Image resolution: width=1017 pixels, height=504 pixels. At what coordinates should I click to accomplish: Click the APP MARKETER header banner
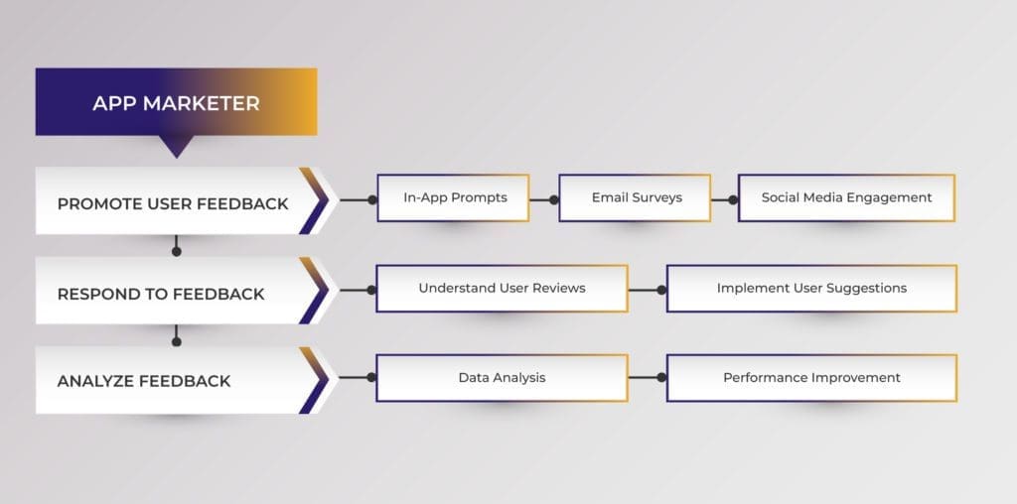[x=176, y=102]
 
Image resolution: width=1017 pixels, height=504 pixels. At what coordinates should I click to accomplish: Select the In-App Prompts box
[x=453, y=197]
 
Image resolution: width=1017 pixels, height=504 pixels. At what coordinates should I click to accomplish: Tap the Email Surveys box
[x=636, y=197]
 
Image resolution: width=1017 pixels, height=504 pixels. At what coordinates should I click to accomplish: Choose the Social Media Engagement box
[x=846, y=197]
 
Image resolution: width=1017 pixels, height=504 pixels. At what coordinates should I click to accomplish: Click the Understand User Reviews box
[x=502, y=289]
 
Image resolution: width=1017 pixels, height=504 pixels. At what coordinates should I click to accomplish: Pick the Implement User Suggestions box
[x=811, y=289]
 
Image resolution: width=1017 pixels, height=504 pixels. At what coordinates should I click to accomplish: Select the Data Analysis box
[x=502, y=378]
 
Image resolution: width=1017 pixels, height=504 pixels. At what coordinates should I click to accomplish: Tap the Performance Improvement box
[x=811, y=378]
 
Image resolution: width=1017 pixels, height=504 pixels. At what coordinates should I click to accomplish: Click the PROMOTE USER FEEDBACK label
[x=173, y=203]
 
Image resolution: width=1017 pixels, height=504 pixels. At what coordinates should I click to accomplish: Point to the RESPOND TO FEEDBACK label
[x=161, y=294]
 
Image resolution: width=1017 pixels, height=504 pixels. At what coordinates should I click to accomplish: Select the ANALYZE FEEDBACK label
[x=144, y=381]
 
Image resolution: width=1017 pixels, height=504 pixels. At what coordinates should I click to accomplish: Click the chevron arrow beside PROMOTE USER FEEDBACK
[x=316, y=200]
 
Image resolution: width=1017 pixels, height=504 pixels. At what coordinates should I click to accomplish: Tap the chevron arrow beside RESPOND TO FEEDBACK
[x=316, y=291]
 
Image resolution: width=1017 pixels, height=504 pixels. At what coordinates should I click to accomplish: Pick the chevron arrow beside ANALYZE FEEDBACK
[x=316, y=380]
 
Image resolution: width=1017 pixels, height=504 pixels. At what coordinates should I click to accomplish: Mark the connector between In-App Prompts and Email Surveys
[x=543, y=199]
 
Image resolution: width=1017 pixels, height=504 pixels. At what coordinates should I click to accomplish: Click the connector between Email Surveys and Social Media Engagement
[x=724, y=199]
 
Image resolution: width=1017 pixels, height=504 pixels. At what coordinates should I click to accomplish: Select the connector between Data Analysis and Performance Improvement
[x=647, y=378]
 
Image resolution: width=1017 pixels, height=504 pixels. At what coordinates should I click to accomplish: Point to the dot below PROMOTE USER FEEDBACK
[x=177, y=251]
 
